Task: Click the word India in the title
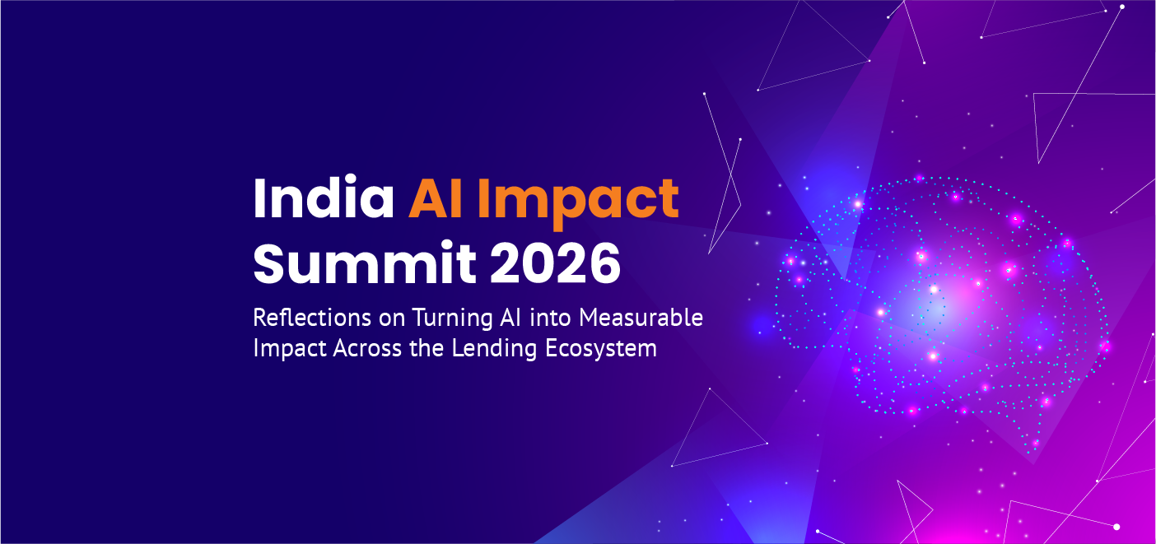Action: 324,198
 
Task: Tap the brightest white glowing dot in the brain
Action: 933,289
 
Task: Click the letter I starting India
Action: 259,198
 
